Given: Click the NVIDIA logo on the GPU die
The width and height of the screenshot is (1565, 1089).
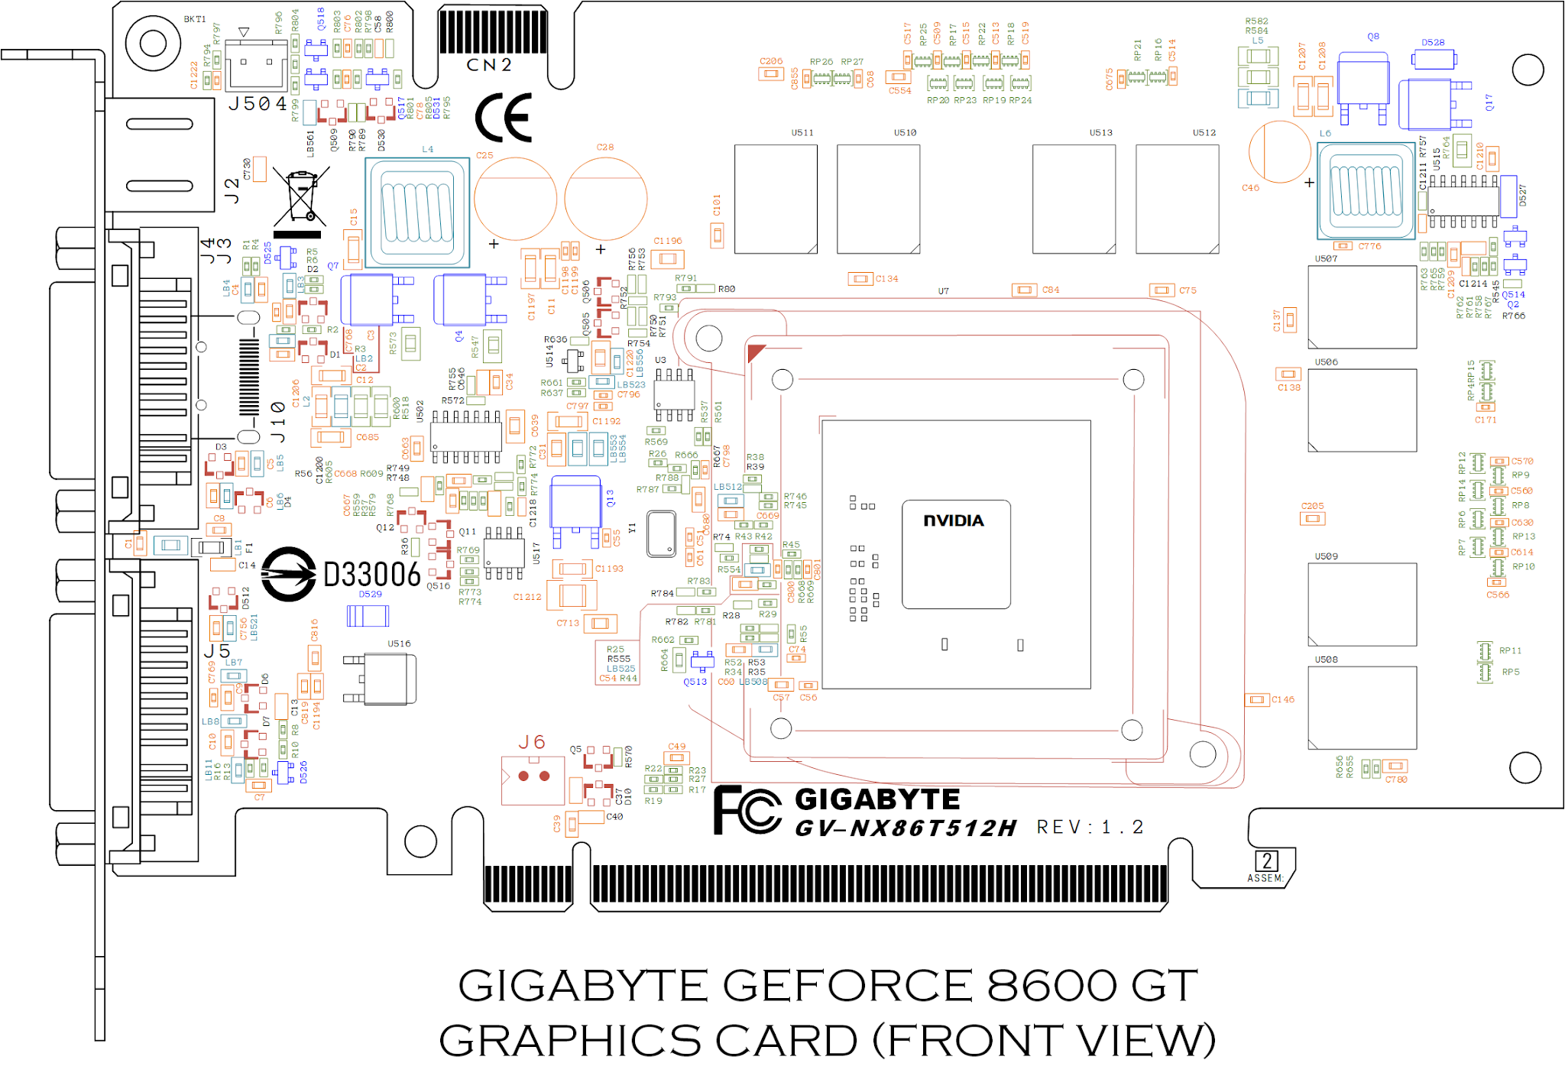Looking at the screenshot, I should pyautogui.click(x=954, y=520).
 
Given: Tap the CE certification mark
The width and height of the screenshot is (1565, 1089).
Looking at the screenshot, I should pyautogui.click(x=504, y=118).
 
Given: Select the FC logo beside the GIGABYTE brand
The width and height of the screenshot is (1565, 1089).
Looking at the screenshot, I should pyautogui.click(x=747, y=810).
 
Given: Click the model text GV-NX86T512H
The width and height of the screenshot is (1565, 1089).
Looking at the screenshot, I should pyautogui.click(x=906, y=828).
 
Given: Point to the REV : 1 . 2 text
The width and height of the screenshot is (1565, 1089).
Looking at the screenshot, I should pyautogui.click(x=1090, y=828).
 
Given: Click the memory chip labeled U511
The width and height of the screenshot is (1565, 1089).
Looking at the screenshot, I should pyautogui.click(x=776, y=199).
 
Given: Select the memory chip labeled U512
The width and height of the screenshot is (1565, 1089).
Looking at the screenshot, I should pyautogui.click(x=1177, y=199).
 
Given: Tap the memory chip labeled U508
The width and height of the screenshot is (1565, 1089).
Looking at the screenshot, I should pyautogui.click(x=1362, y=708).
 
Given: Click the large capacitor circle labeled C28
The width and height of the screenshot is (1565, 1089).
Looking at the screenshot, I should pyautogui.click(x=605, y=199).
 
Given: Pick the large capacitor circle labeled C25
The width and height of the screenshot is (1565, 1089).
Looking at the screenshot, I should pyautogui.click(x=515, y=199).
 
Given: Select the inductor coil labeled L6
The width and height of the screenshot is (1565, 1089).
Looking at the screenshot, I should pyautogui.click(x=1366, y=190).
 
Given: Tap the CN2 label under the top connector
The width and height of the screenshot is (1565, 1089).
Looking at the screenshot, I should pyautogui.click(x=489, y=66).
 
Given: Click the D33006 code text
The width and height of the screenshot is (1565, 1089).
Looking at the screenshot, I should pyautogui.click(x=372, y=575).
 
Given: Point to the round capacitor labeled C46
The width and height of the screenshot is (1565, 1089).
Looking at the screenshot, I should pyautogui.click(x=1279, y=151).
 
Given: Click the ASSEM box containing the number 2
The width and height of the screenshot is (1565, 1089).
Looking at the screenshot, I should pyautogui.click(x=1267, y=861).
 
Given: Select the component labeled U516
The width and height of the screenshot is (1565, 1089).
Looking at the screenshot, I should pyautogui.click(x=388, y=679).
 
